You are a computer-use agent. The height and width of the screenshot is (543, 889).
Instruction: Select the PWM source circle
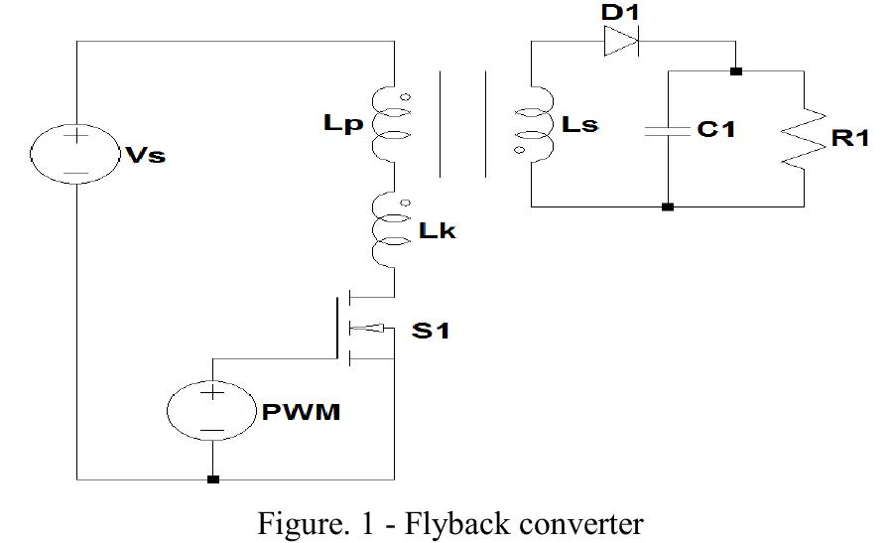click(211, 410)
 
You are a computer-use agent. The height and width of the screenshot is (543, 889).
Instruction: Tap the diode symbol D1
click(621, 42)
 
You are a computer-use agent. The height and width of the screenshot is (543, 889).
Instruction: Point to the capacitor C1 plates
click(668, 131)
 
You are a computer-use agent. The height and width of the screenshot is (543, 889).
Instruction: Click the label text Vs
click(145, 157)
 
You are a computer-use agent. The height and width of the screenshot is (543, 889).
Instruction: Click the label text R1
click(849, 138)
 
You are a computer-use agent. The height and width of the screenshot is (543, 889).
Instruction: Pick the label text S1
click(431, 331)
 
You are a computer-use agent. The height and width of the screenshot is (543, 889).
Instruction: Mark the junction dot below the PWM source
click(212, 479)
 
